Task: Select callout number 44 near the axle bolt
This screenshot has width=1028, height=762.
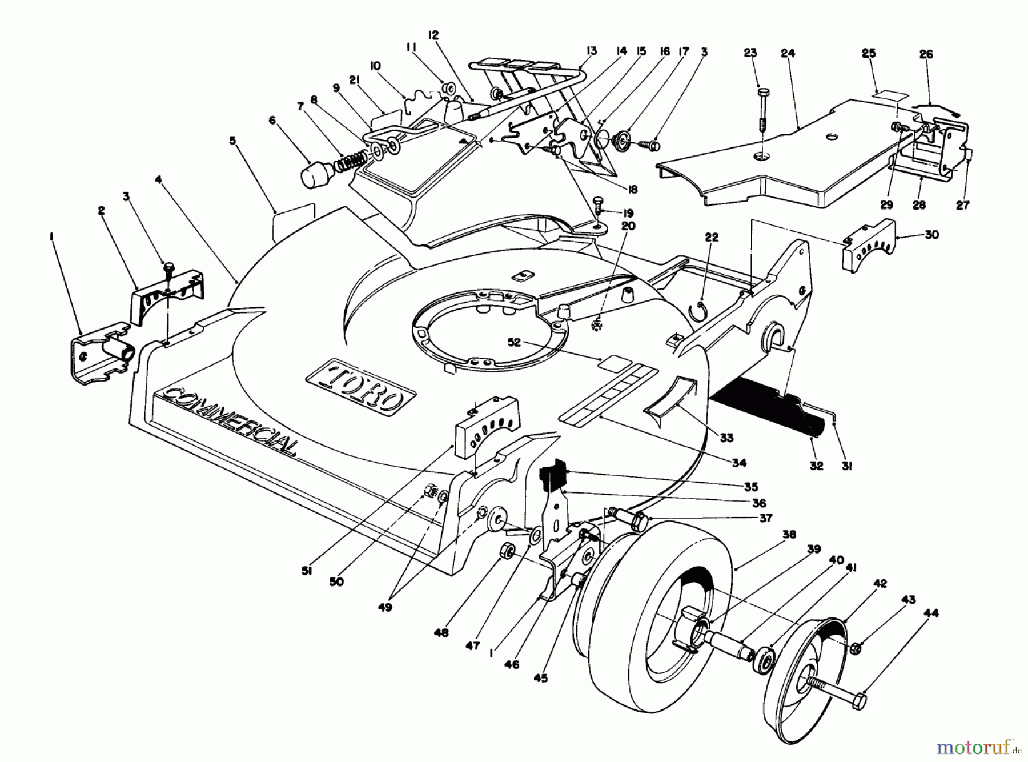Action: (x=931, y=613)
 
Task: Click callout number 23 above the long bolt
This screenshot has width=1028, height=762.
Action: (x=750, y=53)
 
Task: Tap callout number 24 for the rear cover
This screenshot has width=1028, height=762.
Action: (x=788, y=53)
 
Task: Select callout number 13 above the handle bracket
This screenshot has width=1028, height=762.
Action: (x=591, y=51)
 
